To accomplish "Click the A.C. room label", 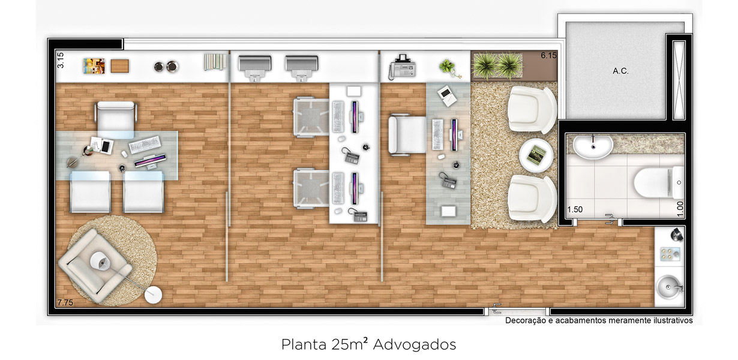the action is tap(620, 71).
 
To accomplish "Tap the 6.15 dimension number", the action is tap(548, 55).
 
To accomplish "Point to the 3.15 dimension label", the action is tap(61, 60).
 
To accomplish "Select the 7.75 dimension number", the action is tap(65, 302).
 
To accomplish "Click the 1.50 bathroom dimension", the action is tap(575, 209).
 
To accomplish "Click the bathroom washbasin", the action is tap(593, 147).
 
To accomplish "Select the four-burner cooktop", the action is tap(670, 254).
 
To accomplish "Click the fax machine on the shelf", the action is tap(401, 67).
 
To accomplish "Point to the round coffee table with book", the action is tap(536, 155).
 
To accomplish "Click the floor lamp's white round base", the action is tap(153, 295).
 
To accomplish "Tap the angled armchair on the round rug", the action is tap(95, 265).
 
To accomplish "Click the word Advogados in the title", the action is tap(415, 344).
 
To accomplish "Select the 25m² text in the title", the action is tap(350, 344).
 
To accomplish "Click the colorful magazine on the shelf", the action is tap(94, 66).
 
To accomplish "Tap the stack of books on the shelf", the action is tap(215, 62).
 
